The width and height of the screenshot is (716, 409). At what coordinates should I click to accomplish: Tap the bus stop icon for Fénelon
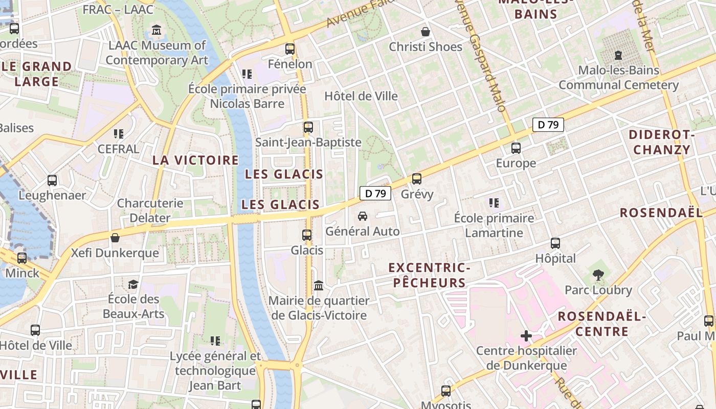click(290, 49)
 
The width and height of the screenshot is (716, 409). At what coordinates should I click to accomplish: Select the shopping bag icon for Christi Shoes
click(425, 32)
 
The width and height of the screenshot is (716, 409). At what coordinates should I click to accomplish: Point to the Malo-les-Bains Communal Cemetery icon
click(618, 55)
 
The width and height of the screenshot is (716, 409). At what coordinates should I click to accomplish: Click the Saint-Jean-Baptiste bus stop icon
click(308, 127)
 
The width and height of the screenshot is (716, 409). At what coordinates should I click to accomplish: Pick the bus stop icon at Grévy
click(417, 179)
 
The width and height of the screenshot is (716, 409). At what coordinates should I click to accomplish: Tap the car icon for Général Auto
click(363, 216)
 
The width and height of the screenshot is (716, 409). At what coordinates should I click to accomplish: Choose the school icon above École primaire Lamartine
click(494, 203)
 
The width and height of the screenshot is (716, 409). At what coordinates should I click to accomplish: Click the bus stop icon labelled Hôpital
click(555, 243)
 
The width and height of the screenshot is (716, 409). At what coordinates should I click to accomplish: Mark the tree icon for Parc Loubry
click(598, 275)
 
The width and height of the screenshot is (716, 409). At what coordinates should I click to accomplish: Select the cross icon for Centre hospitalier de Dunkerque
click(526, 336)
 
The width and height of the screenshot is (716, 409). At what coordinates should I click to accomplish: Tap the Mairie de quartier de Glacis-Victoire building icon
click(319, 285)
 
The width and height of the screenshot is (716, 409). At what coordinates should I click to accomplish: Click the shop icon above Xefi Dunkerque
click(115, 238)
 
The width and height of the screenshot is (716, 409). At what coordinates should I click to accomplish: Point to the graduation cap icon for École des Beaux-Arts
click(133, 284)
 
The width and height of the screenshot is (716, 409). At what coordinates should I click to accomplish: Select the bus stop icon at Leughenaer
click(52, 180)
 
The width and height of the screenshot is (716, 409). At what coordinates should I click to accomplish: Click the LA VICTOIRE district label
click(195, 160)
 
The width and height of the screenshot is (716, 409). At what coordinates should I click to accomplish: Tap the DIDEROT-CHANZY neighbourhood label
click(661, 142)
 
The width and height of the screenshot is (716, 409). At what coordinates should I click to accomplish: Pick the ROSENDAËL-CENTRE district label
click(601, 324)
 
